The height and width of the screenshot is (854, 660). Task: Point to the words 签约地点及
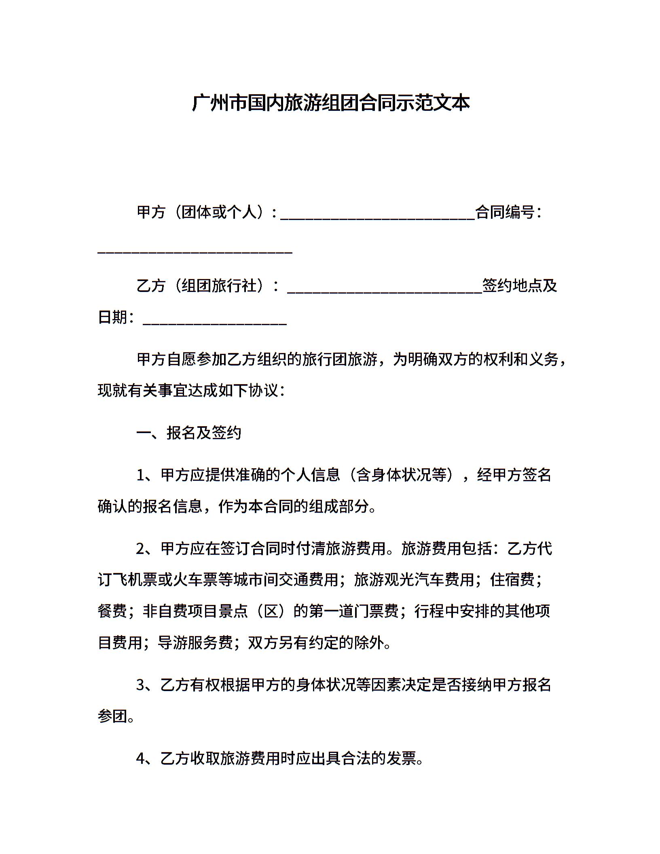point(520,286)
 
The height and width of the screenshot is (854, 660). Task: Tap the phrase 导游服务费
point(195,643)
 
